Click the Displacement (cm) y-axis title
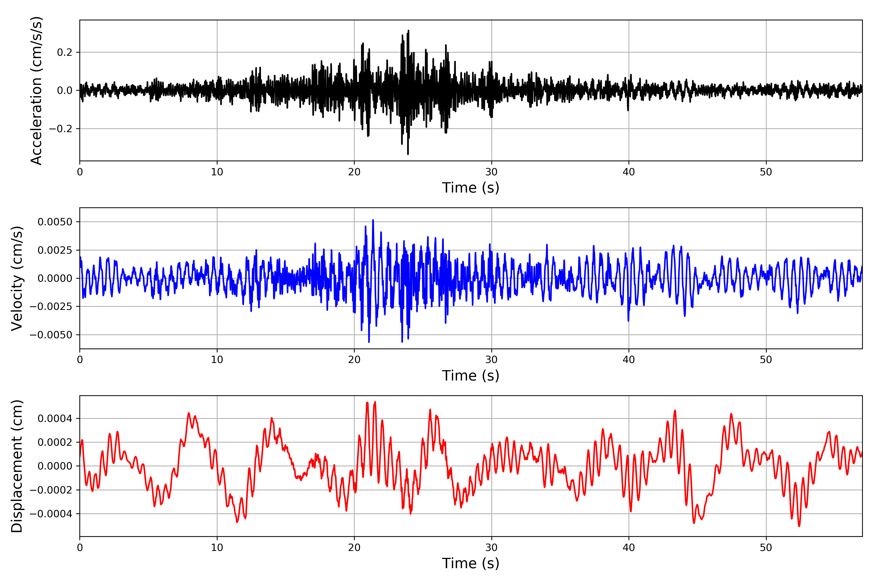pyautogui.click(x=17, y=466)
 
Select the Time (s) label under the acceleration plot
pyautogui.click(x=471, y=188)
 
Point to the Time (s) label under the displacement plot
pyautogui.click(x=471, y=563)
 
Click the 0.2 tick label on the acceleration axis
pyautogui.click(x=64, y=52)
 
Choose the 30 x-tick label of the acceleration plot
pyautogui.click(x=491, y=172)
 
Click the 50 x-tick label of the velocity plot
pyautogui.click(x=766, y=360)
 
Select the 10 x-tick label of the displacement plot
pyautogui.click(x=217, y=548)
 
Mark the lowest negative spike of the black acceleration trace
pyautogui.click(x=408, y=154)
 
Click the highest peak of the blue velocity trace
pyautogui.click(x=373, y=220)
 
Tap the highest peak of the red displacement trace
pyautogui.click(x=375, y=402)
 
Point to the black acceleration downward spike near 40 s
pyautogui.click(x=628, y=110)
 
